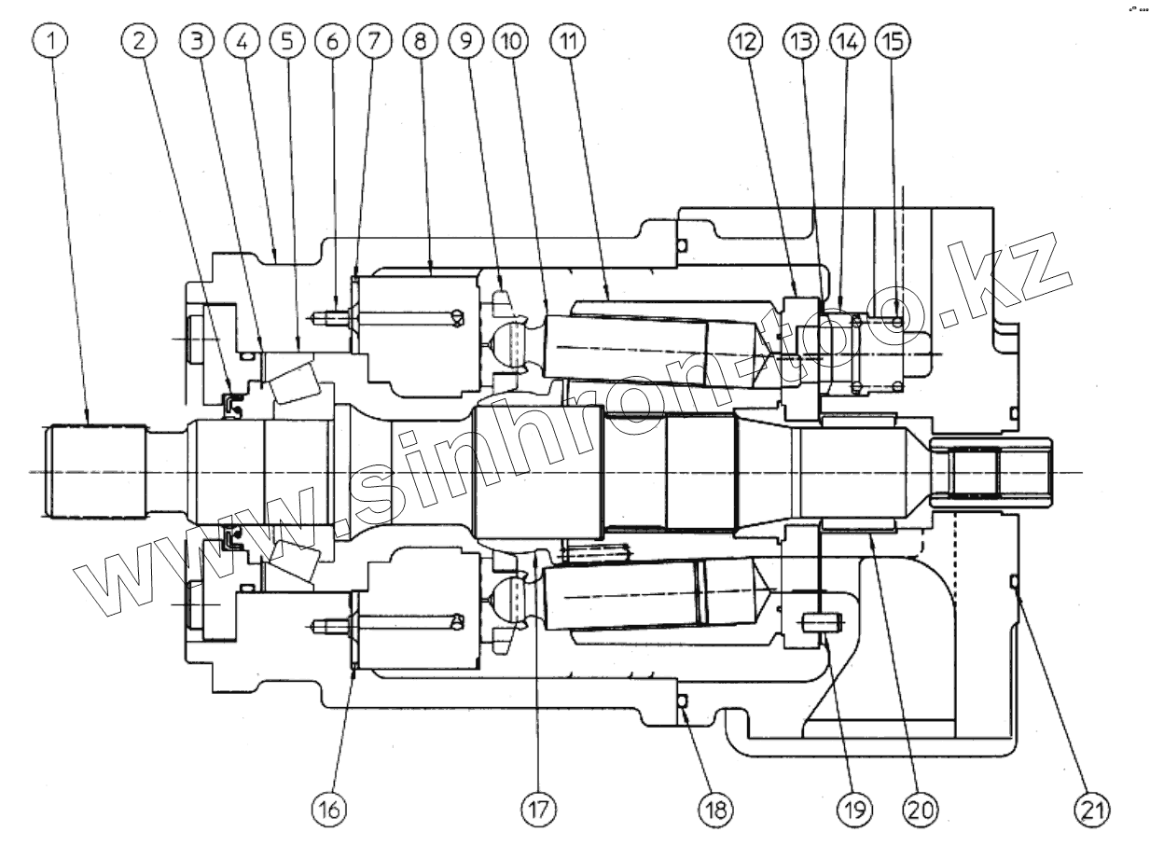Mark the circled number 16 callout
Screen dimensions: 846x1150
[328, 808]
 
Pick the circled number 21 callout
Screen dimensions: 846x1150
[1091, 808]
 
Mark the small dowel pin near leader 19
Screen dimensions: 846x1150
[822, 620]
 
